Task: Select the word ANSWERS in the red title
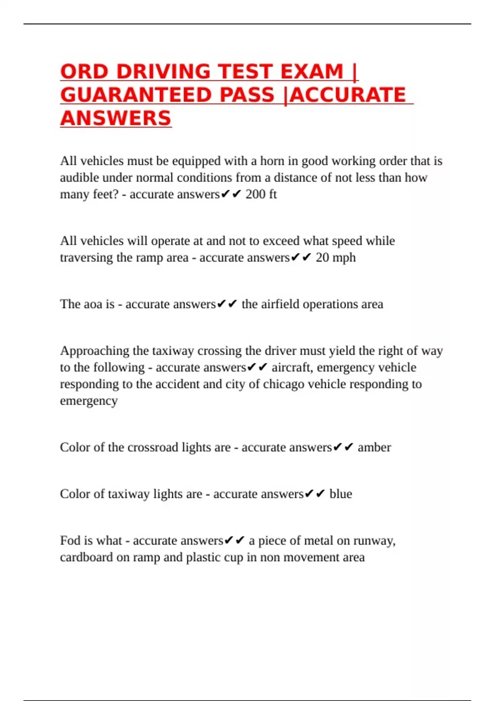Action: click(x=115, y=119)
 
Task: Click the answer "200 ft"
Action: click(x=261, y=194)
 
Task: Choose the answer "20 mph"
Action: click(x=336, y=258)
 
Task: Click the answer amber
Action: click(x=374, y=447)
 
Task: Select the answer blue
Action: click(x=341, y=494)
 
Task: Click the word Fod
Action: click(x=70, y=541)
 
